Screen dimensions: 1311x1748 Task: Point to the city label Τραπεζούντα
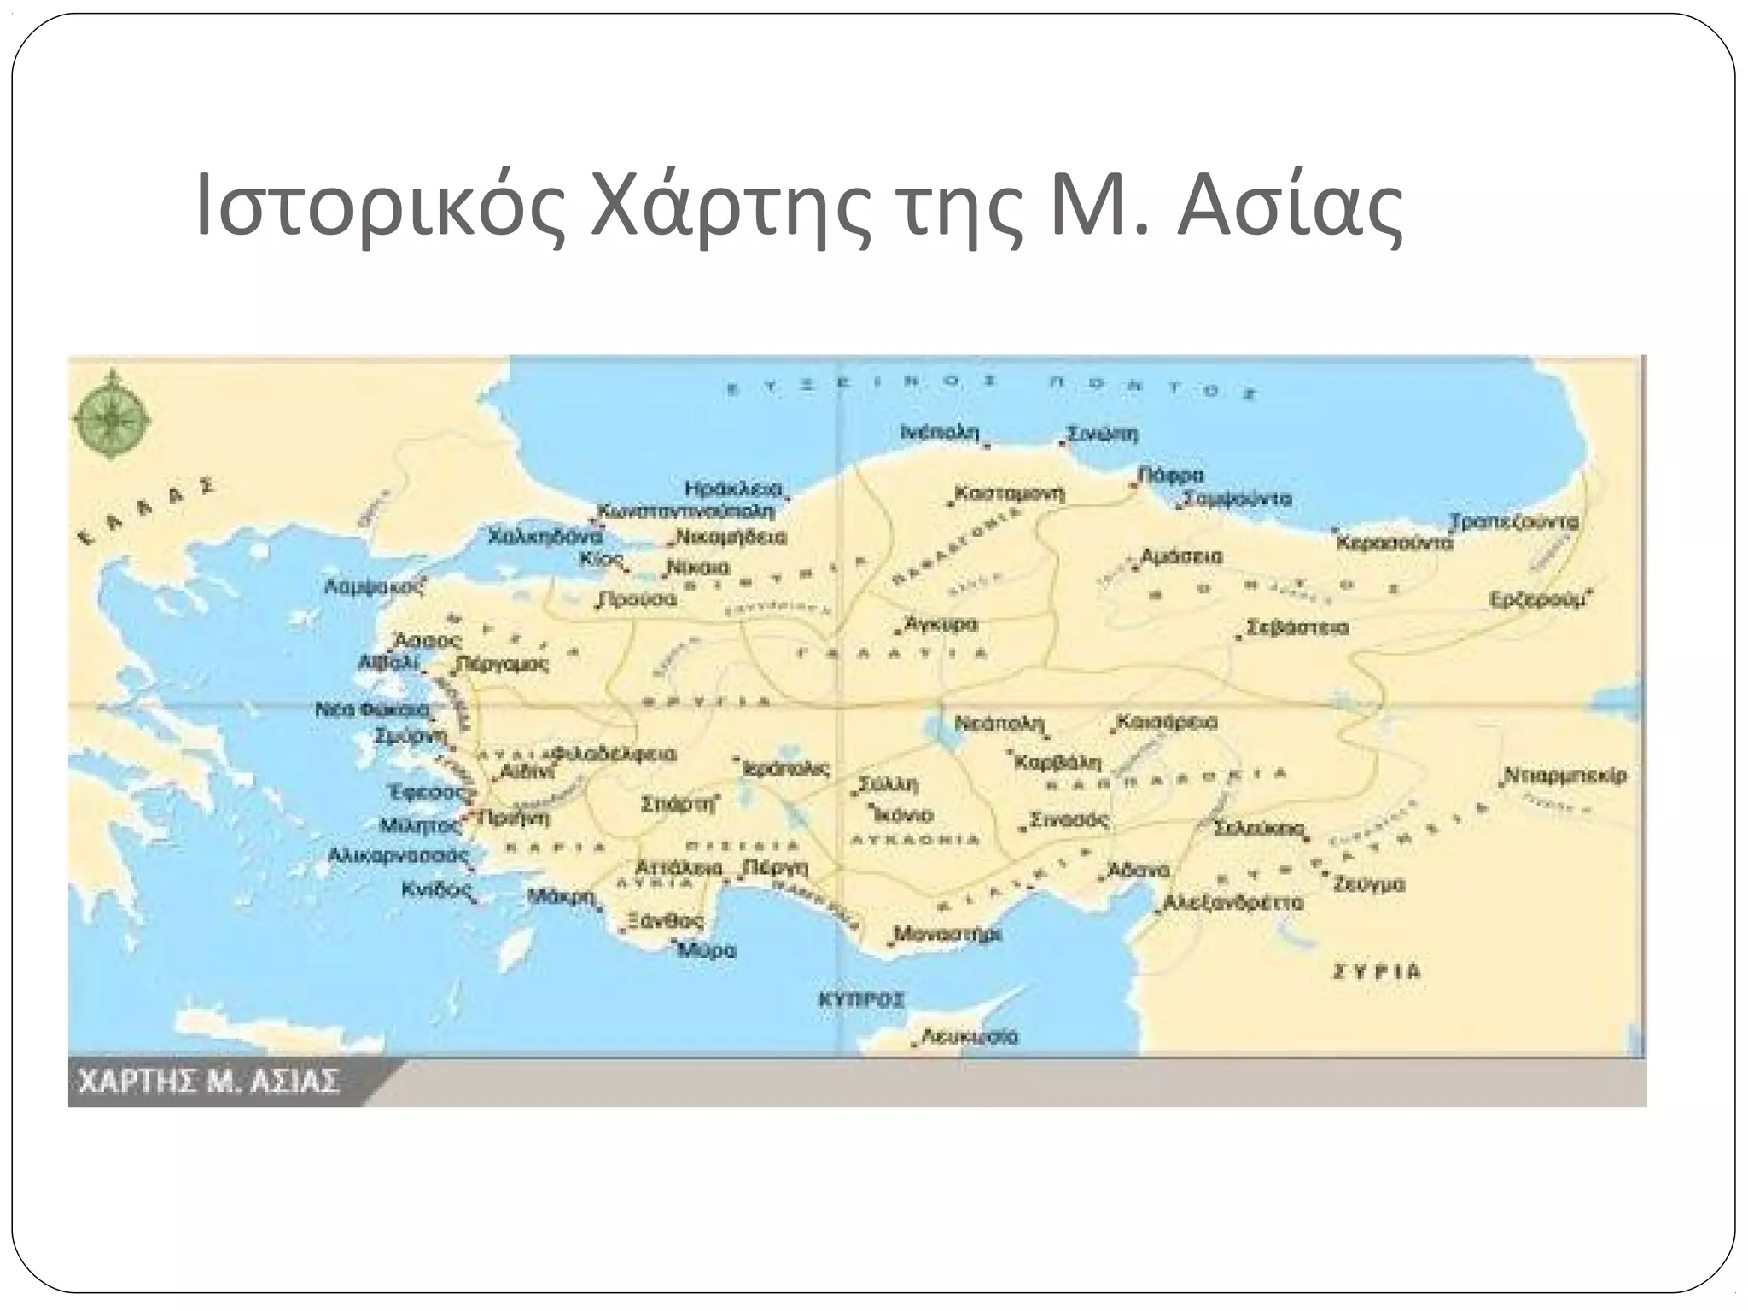[x=1514, y=521]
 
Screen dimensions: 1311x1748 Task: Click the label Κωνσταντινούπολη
[x=687, y=512]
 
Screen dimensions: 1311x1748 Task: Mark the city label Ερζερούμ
[x=1536, y=599]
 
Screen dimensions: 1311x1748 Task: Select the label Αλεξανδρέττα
[x=1234, y=903]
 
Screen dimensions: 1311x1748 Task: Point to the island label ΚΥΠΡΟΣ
[x=861, y=999]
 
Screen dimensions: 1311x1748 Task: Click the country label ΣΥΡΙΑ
[x=1377, y=971]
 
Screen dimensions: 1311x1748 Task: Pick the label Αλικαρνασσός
[x=399, y=855]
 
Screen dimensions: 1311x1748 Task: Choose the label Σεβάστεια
[x=1297, y=628]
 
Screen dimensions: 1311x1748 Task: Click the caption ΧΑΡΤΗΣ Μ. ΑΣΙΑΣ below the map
[x=209, y=1082]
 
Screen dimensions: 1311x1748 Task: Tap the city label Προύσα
[x=638, y=599]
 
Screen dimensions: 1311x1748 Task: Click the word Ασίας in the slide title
[x=1290, y=207]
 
